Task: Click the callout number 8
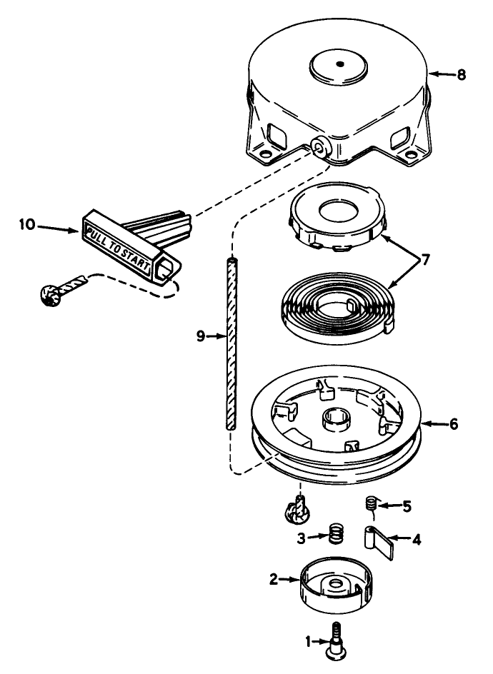tap(461, 75)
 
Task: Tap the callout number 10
tap(26, 224)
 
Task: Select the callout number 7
tap(424, 260)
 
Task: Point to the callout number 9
tap(201, 336)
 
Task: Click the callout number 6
tap(454, 424)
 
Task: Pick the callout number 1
tap(308, 642)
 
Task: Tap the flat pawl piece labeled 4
tap(379, 542)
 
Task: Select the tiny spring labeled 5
tap(372, 503)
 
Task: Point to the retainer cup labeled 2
tap(334, 585)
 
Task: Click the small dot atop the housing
tap(340, 64)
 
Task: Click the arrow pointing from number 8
tap(442, 74)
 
